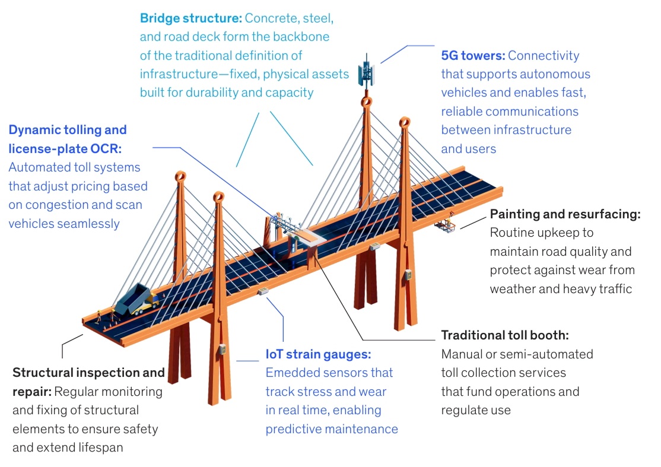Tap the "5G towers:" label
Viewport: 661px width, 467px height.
click(x=472, y=56)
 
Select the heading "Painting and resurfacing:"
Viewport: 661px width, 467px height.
click(x=565, y=214)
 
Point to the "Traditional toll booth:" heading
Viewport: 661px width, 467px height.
click(x=504, y=335)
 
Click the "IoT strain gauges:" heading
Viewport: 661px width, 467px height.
click(x=318, y=354)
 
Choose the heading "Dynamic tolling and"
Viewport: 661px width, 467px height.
click(x=68, y=129)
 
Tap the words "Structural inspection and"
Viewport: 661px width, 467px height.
click(x=88, y=373)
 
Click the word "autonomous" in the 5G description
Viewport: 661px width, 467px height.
click(x=555, y=74)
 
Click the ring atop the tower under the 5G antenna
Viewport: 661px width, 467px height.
click(x=367, y=102)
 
